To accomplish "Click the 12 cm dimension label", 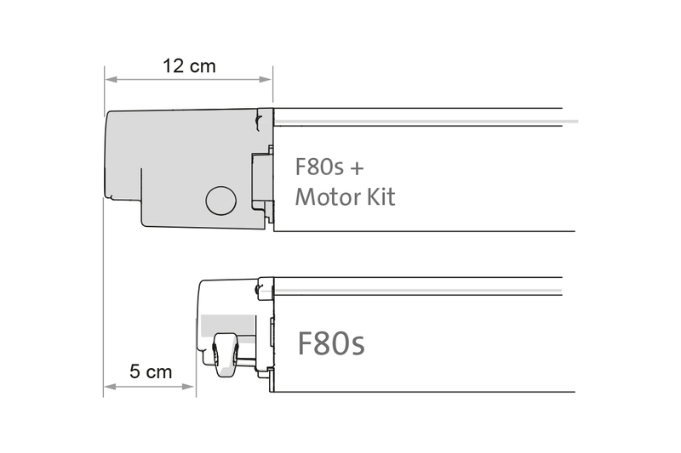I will pyautogui.click(x=188, y=65).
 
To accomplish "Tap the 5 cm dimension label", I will pyautogui.click(x=151, y=371).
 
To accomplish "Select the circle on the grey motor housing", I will pyautogui.click(x=220, y=200).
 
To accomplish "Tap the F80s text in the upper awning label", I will pyautogui.click(x=318, y=165).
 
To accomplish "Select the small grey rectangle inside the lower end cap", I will pyautogui.click(x=228, y=324).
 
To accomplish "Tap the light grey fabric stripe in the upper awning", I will pyautogui.click(x=426, y=122).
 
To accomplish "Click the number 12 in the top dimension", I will pyautogui.click(x=174, y=65).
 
